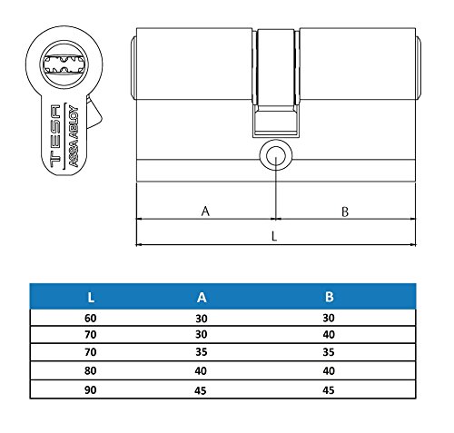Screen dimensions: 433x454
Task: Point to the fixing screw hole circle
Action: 274,154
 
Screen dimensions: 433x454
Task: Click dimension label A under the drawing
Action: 205,212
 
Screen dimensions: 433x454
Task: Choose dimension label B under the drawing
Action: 346,212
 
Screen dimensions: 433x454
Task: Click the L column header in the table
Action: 90,296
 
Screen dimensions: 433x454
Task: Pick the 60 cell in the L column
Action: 90,319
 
